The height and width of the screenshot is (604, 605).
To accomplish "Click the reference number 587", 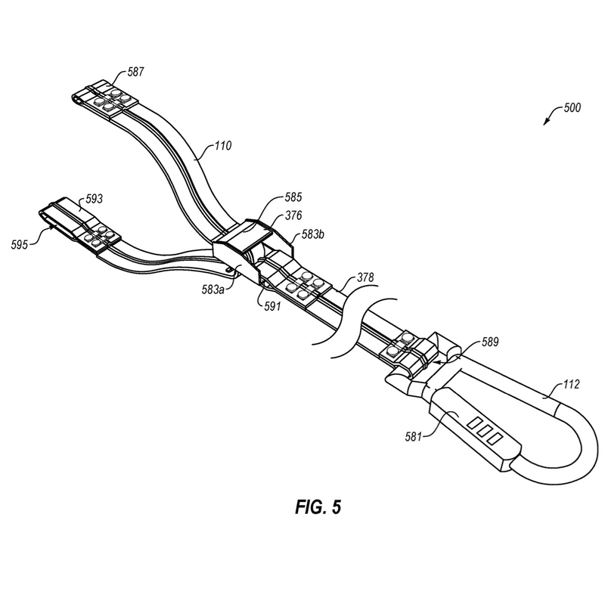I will click(135, 72).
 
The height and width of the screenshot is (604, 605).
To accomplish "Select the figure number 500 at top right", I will click(571, 108).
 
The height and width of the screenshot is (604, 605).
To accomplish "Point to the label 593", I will click(94, 199).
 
